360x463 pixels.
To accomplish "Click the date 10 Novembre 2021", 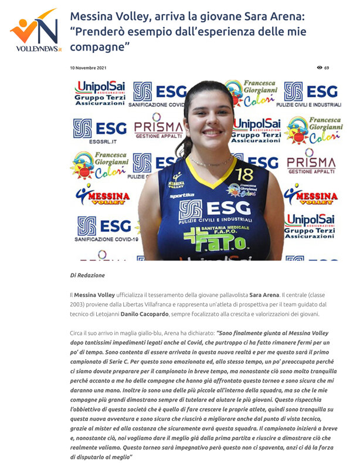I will pos(87,68).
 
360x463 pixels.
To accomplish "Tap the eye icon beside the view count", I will pos(320,68).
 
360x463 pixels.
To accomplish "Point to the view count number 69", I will pos(327,68).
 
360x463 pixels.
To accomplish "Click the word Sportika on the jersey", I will pos(182,195).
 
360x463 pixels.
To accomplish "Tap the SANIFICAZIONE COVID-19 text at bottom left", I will pos(107,239).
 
